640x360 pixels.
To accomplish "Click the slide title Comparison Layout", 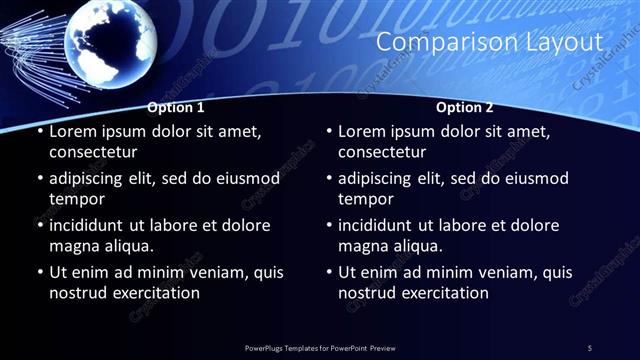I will tap(489, 43).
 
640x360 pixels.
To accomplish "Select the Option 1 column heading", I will tap(176, 107).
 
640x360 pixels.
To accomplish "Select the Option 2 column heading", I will tap(465, 107).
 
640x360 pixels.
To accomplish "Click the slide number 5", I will tap(589, 347).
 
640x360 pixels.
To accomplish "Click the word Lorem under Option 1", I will tap(74, 131).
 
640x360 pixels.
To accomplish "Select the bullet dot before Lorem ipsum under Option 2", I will tap(328, 132).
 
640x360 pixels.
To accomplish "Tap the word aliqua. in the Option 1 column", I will tap(128, 246).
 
